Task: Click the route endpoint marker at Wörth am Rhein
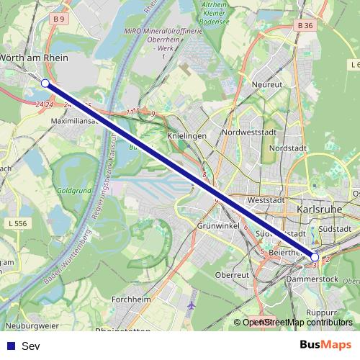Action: [45, 84]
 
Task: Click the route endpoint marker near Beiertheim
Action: [315, 257]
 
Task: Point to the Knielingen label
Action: [186, 135]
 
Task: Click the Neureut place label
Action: [266, 84]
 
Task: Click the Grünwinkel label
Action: [217, 225]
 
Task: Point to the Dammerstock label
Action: [311, 278]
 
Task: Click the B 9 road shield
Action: [59, 19]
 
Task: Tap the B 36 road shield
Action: [305, 25]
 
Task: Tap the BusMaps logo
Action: [325, 345]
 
